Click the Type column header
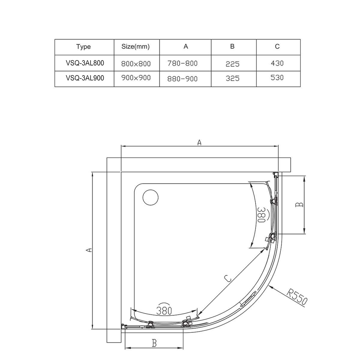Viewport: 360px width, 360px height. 84,47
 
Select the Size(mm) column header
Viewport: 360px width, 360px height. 135,46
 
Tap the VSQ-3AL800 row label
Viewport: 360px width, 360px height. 85,63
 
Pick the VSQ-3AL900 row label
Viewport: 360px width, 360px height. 85,78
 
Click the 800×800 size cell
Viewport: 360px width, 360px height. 136,64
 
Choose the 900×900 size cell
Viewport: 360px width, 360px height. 136,78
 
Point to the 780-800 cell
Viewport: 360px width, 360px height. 183,63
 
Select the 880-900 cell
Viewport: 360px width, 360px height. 183,79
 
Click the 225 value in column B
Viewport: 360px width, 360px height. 233,64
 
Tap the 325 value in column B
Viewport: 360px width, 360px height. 233,78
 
